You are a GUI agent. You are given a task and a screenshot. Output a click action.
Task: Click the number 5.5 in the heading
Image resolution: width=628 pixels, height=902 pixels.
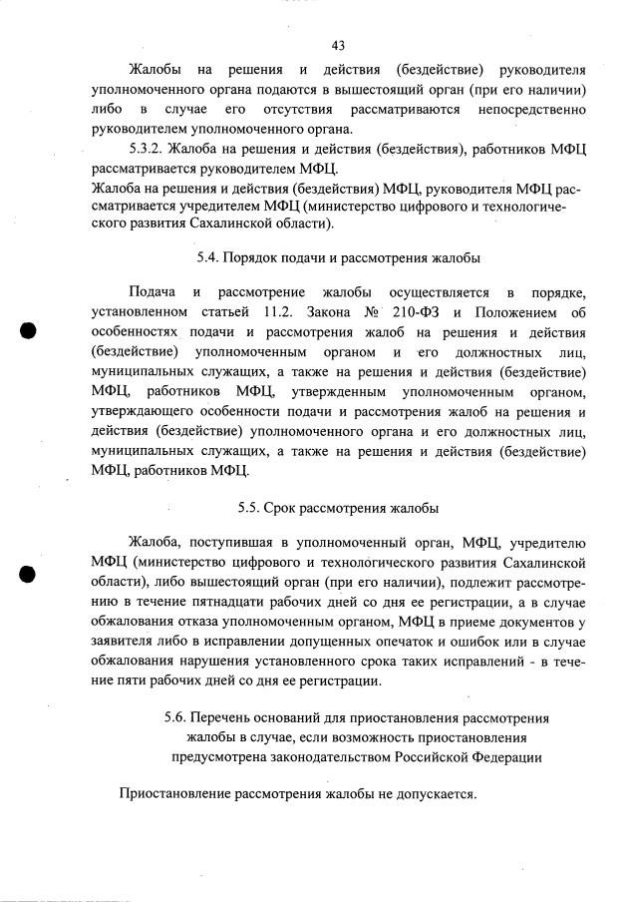pyautogui.click(x=251, y=507)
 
